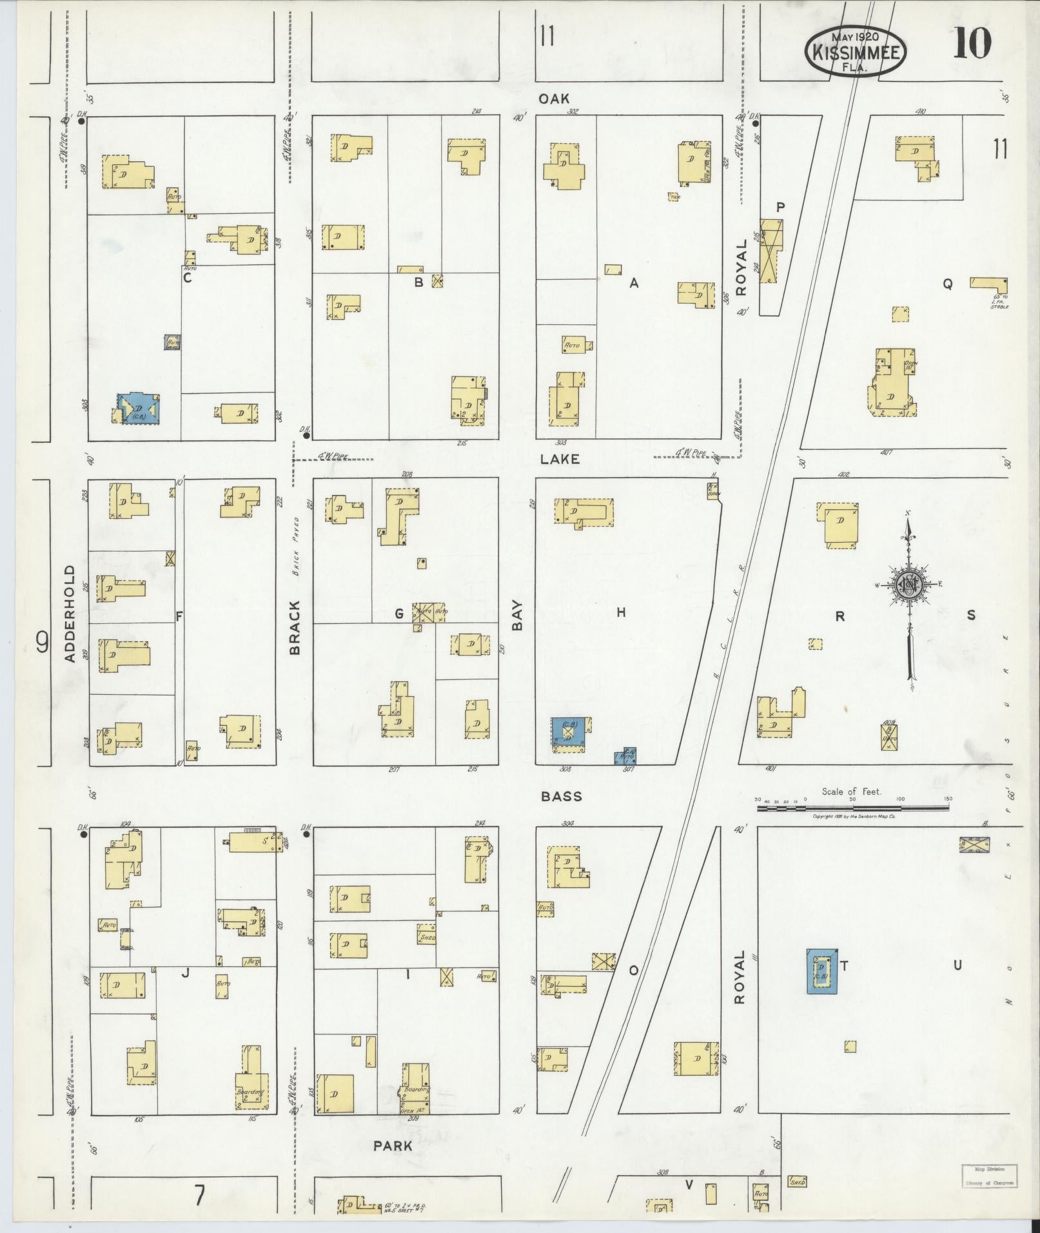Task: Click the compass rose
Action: pos(909,584)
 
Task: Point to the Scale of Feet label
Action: pos(851,791)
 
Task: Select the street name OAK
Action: pos(554,99)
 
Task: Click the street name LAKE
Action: pos(560,459)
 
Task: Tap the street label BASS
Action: pos(561,797)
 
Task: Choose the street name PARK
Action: pos(393,1146)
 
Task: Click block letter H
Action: pos(621,612)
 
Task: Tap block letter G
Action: pos(399,614)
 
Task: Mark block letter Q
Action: pos(947,284)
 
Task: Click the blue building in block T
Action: pos(822,971)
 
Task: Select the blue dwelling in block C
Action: pos(139,409)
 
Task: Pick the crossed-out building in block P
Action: pos(770,251)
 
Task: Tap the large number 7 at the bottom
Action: pos(200,1196)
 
